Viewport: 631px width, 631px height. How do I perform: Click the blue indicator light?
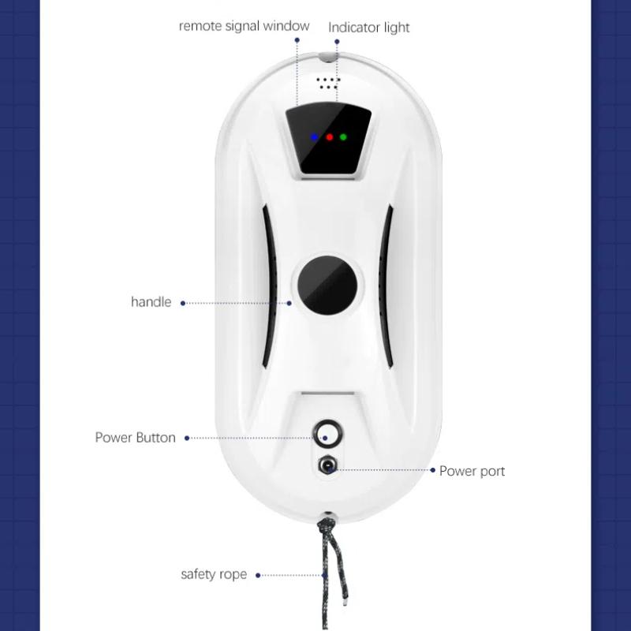[x=314, y=137]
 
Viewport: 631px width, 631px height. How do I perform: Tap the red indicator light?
[x=329, y=137]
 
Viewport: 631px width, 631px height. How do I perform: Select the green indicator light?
[x=343, y=137]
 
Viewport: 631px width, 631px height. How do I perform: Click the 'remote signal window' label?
[x=244, y=26]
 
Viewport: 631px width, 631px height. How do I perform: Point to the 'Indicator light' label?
[x=368, y=28]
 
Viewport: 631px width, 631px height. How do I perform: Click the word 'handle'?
[x=151, y=302]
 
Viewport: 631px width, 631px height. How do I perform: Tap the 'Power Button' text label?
[x=135, y=438]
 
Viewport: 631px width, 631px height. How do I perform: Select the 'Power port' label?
[x=472, y=471]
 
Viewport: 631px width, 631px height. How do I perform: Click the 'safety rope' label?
[x=214, y=574]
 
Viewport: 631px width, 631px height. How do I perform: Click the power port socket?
[x=328, y=465]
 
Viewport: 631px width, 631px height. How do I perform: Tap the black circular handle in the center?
[x=327, y=285]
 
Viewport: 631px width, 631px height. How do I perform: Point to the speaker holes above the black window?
[x=327, y=84]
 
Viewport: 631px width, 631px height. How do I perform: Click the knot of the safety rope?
[x=327, y=525]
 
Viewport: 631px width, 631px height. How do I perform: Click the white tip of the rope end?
[x=345, y=603]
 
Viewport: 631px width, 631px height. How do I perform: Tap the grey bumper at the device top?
[x=328, y=56]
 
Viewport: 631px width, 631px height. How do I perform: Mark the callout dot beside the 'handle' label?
[x=183, y=303]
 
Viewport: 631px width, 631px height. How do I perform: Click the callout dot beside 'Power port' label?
[x=432, y=470]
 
